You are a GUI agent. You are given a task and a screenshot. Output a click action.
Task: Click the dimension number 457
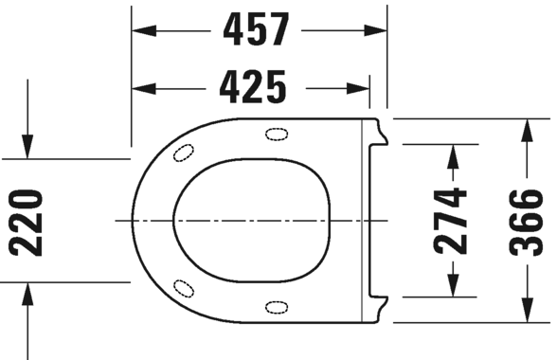coord(256,30)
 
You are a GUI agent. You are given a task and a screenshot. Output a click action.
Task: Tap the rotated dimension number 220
coord(27,222)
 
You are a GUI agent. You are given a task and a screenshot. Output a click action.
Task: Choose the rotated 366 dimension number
coord(525,222)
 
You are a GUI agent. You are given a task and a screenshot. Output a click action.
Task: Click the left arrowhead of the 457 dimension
coord(142,31)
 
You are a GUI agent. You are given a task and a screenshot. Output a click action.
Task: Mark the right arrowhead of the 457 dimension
coord(377,31)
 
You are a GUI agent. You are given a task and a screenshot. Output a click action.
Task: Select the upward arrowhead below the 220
coord(28,293)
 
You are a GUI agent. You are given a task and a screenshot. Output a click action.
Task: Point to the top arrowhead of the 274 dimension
coord(451,153)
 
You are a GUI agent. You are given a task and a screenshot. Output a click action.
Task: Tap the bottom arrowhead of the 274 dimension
coord(451,287)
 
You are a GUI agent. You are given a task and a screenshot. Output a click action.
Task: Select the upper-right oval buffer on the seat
coord(278,132)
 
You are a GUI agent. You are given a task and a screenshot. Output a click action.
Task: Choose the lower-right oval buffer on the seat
coord(278,306)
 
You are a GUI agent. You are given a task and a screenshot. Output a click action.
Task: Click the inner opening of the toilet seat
coord(251,220)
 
